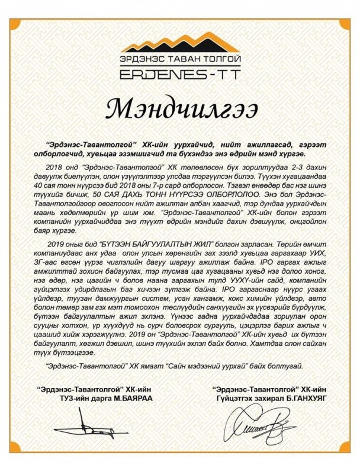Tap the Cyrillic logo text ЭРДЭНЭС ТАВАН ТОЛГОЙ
[x=180, y=59]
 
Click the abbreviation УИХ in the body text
[x=311, y=251]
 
